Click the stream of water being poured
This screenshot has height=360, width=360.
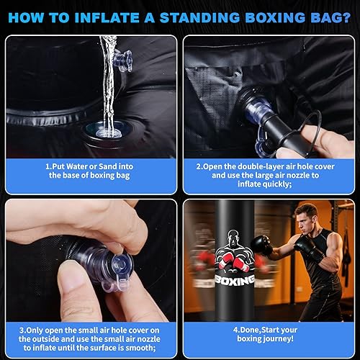pos(107,79)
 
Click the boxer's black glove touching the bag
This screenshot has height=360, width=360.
pos(261,246)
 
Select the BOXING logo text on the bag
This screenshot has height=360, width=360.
pos(235,280)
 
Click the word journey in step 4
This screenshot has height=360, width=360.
pos(278,338)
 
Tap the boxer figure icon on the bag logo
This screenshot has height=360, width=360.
pos(235,248)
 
